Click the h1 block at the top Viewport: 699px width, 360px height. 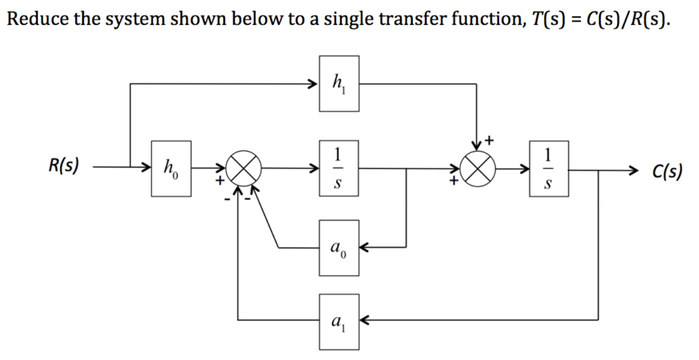[339, 85]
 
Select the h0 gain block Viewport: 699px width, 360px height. [171, 169]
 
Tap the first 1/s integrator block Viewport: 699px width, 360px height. [339, 170]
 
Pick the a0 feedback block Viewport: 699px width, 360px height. [339, 249]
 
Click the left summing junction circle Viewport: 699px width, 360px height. [244, 170]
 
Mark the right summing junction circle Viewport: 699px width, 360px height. [477, 170]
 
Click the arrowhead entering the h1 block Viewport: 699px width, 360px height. [313, 85]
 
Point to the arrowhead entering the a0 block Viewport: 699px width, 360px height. [363, 249]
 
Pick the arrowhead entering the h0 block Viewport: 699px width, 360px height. [146, 170]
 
